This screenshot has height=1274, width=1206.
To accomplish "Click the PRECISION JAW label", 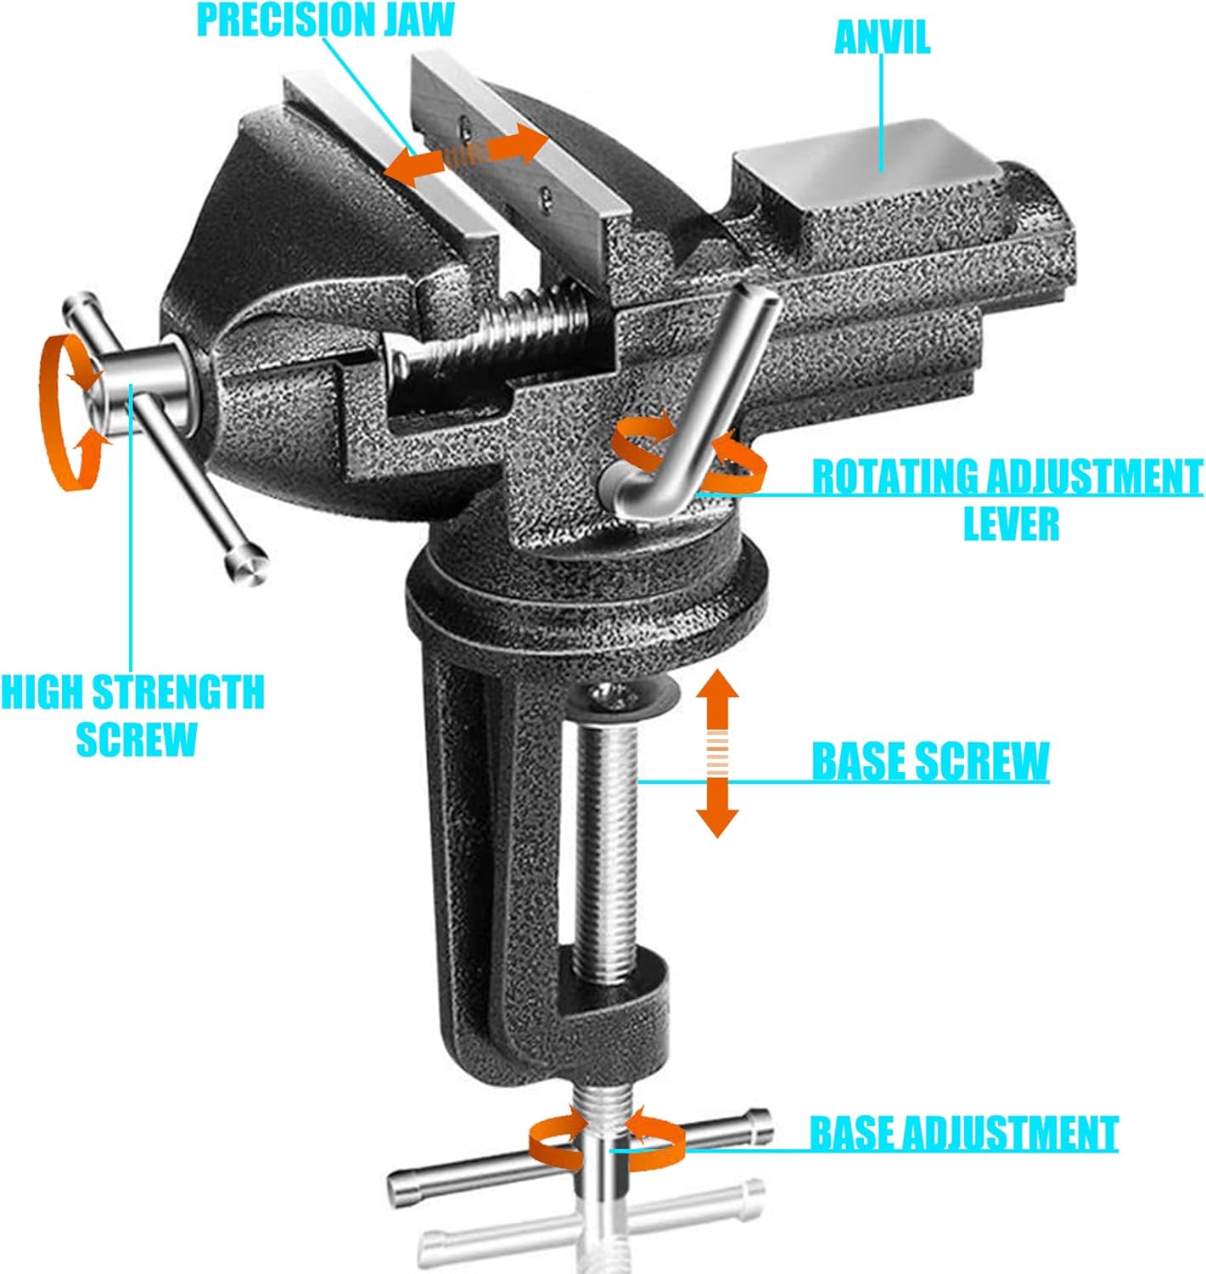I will coord(325,20).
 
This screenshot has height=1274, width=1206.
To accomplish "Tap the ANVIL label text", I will coord(882,37).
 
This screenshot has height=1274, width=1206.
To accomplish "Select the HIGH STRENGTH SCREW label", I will coord(132,715).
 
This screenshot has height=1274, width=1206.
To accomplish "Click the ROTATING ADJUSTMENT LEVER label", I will coord(1007,499).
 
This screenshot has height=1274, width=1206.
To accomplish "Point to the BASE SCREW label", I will coord(930,761).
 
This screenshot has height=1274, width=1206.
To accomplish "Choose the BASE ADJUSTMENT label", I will coord(963,1133).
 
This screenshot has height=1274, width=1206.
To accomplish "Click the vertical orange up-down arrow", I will coord(717,753).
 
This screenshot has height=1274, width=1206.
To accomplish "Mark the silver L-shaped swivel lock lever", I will coord(696,408).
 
